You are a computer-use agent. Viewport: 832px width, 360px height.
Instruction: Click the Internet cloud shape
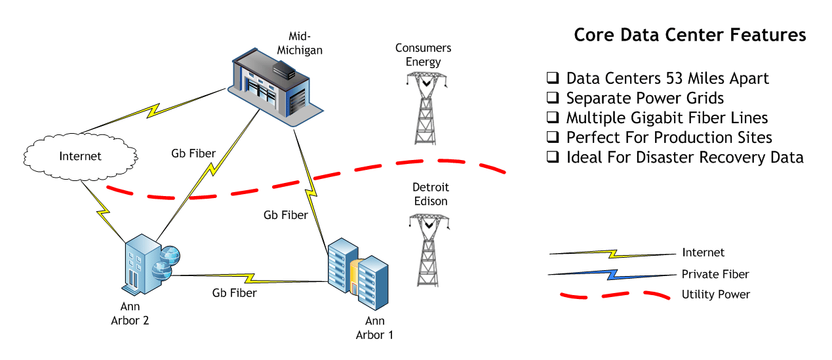tap(80, 156)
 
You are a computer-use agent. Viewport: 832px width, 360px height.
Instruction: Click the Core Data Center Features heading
tap(690, 35)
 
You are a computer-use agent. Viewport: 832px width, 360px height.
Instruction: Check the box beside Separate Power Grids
tap(553, 98)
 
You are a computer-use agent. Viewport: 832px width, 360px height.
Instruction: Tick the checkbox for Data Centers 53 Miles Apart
tap(553, 78)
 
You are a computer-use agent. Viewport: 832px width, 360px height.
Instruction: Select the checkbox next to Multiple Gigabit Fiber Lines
tap(553, 117)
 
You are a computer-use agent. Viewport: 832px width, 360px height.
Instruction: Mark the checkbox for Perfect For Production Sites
tap(553, 137)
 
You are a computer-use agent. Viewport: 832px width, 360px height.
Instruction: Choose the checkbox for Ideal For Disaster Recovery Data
tap(553, 157)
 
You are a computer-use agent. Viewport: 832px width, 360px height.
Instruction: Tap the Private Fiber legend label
tap(715, 274)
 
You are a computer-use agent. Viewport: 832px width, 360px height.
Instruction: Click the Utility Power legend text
tap(715, 294)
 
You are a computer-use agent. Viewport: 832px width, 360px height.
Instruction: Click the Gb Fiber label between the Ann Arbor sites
tap(234, 293)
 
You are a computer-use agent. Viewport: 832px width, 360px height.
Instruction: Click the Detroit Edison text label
tap(430, 194)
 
